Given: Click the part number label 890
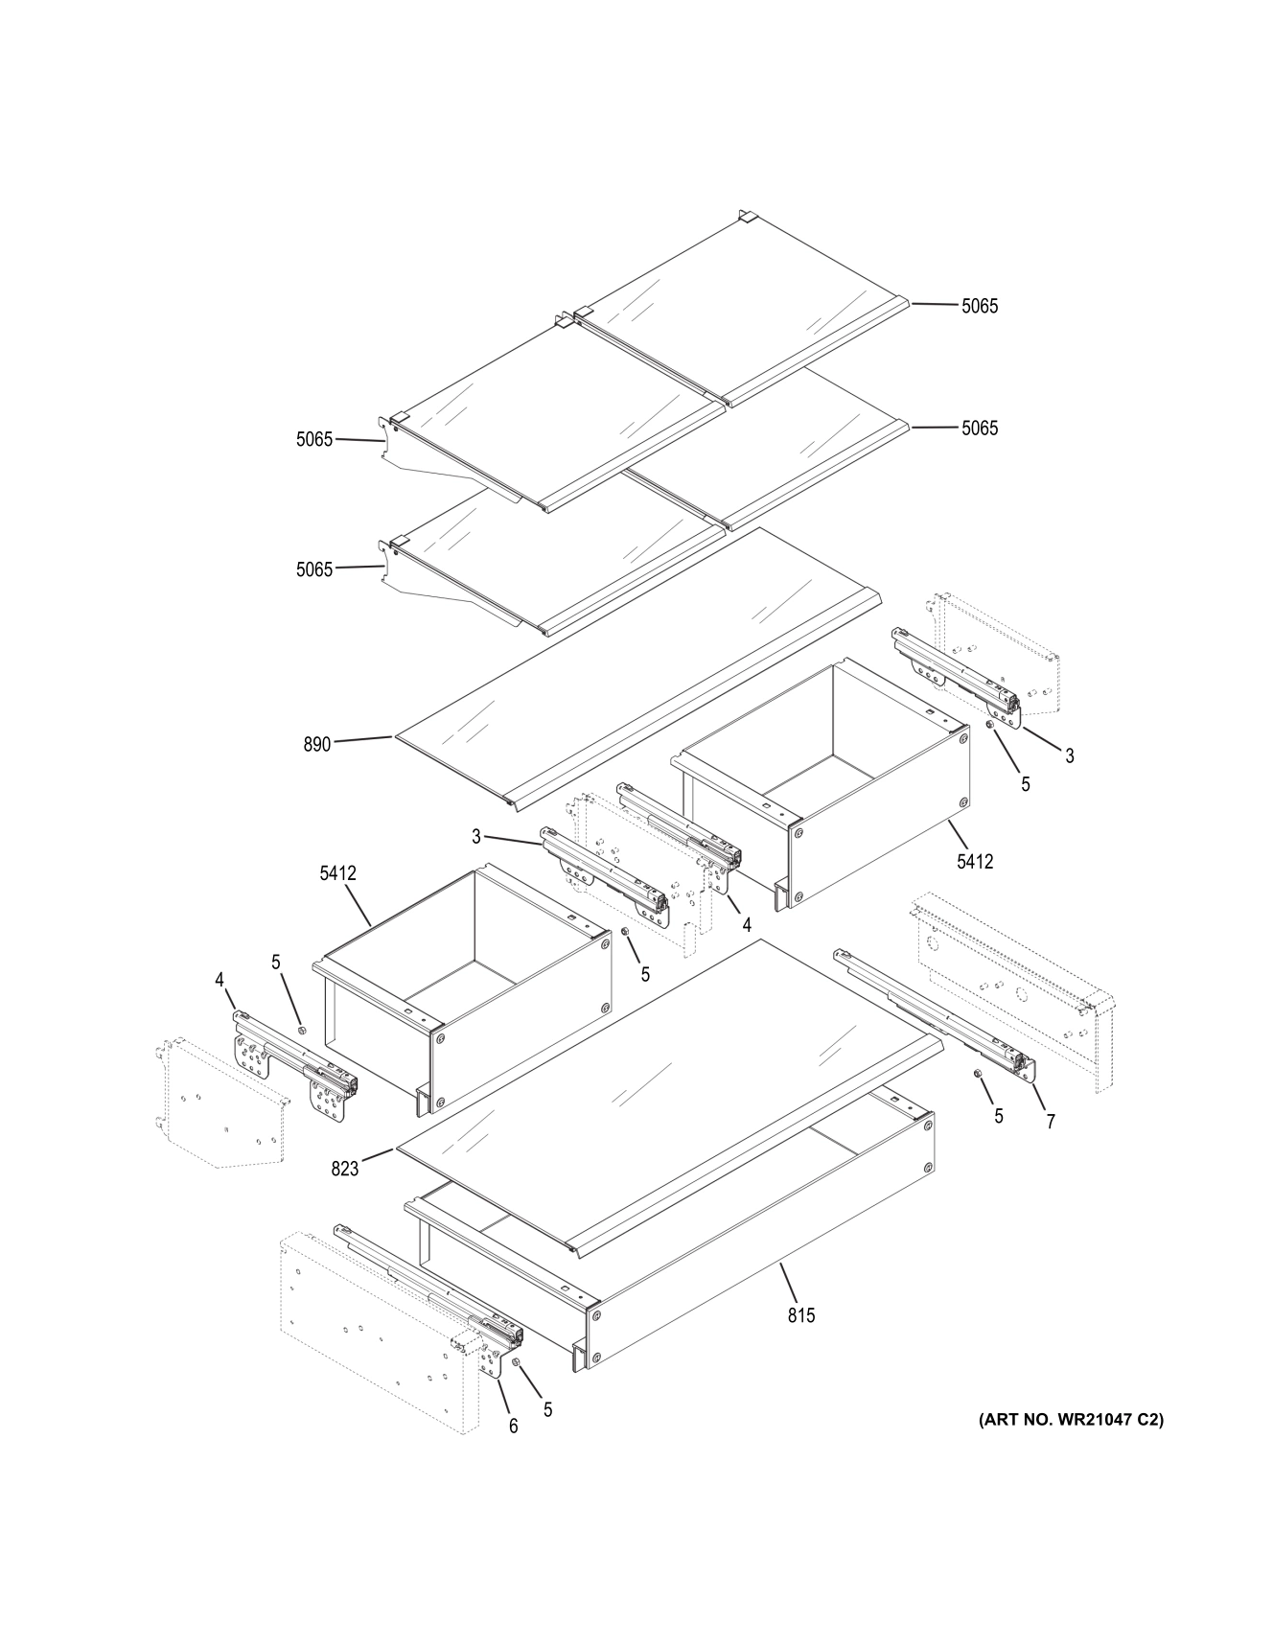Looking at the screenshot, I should (x=316, y=744).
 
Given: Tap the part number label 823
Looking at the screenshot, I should (x=345, y=1168).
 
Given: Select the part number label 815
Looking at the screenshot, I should (x=801, y=1315).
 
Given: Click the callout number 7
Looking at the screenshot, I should (x=1051, y=1122).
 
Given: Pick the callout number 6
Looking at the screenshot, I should (x=513, y=1427).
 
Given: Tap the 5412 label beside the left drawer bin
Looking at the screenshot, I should (x=337, y=873).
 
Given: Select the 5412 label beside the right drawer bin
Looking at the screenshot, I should (x=975, y=862).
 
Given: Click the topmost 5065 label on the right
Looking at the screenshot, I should (x=980, y=306).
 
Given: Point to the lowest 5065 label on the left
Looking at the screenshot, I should (x=314, y=569).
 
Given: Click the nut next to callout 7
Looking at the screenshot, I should (x=978, y=1073).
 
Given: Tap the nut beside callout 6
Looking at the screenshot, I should (x=516, y=1362).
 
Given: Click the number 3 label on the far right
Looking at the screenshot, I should (x=1070, y=755).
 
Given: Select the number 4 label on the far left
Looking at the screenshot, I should (x=220, y=980).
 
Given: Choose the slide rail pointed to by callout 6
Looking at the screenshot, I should (x=431, y=1285).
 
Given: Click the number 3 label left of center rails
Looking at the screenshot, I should (x=476, y=837).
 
